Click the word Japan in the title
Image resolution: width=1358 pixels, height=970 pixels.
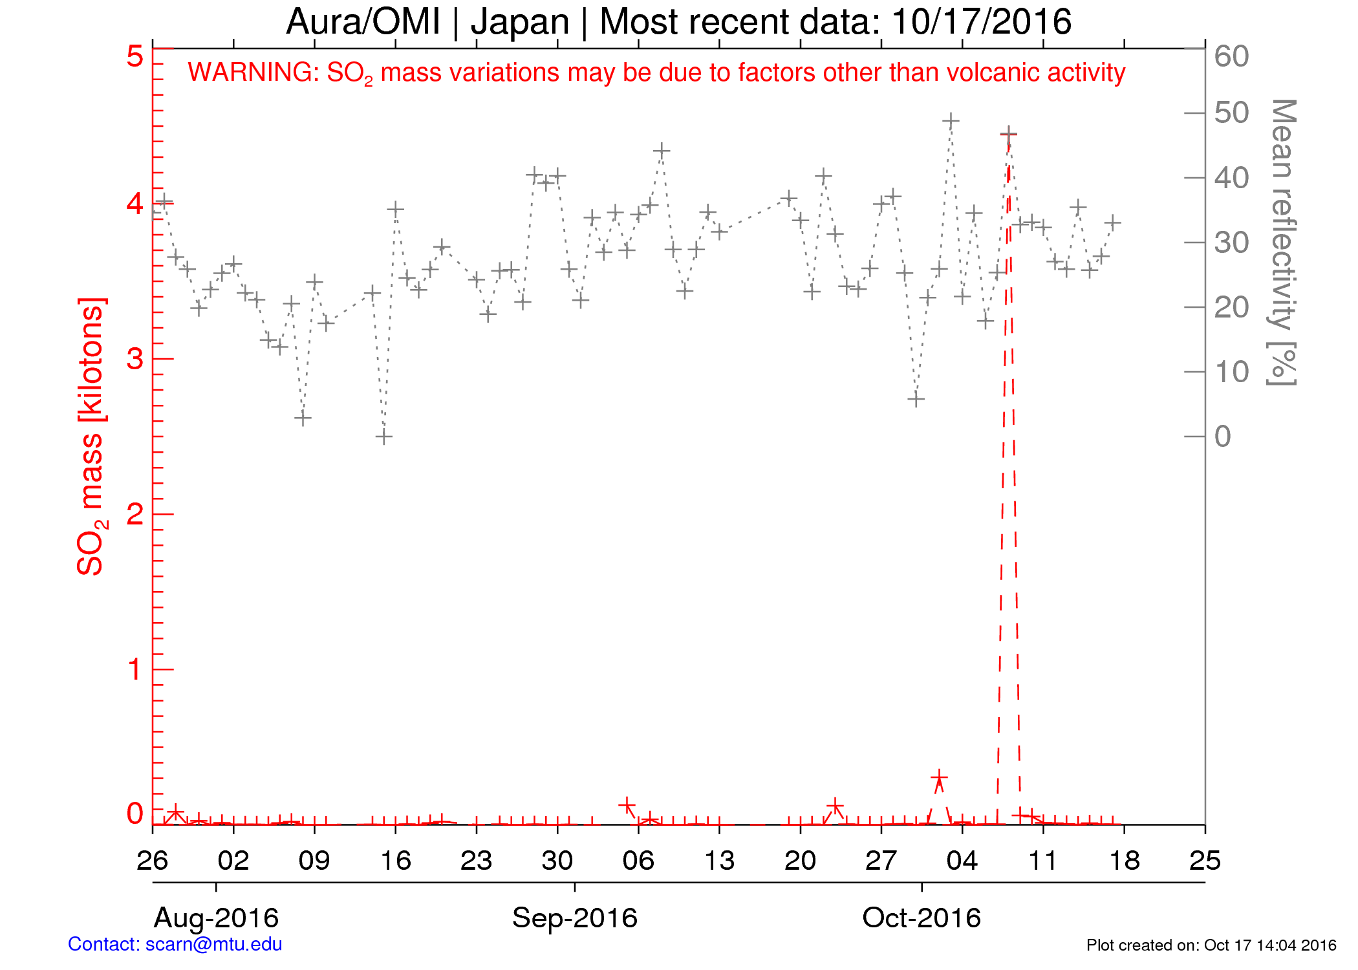pyautogui.click(x=520, y=22)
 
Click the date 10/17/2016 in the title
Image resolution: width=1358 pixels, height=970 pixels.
pyautogui.click(x=981, y=22)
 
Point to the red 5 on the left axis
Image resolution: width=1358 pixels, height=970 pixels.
pyautogui.click(x=135, y=56)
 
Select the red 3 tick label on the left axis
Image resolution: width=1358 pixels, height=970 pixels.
pyautogui.click(x=135, y=359)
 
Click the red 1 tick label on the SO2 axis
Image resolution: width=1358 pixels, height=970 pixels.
pyautogui.click(x=135, y=669)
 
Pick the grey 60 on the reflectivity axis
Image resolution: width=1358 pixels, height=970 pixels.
pyautogui.click(x=1231, y=56)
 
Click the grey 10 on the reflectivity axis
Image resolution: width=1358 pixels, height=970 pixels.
pyautogui.click(x=1231, y=372)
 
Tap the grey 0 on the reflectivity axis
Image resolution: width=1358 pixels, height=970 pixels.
pyautogui.click(x=1222, y=436)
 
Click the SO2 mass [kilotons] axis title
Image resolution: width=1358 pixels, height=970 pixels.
pyautogui.click(x=91, y=436)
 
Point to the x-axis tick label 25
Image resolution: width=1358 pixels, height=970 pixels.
pyautogui.click(x=1205, y=861)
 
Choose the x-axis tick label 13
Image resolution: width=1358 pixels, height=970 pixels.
pyautogui.click(x=719, y=861)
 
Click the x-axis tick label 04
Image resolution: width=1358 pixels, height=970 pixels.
pyautogui.click(x=962, y=861)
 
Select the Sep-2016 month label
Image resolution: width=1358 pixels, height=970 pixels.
pyautogui.click(x=575, y=918)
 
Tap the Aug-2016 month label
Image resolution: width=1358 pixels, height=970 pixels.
pyautogui.click(x=216, y=918)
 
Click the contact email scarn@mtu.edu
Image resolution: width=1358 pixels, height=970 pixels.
pyautogui.click(x=213, y=944)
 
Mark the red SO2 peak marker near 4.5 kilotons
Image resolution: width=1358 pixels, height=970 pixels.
pyautogui.click(x=1008, y=134)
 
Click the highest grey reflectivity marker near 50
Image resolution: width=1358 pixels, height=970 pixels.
pyautogui.click(x=950, y=121)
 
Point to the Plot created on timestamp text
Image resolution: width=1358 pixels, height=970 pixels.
pyautogui.click(x=1211, y=945)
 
